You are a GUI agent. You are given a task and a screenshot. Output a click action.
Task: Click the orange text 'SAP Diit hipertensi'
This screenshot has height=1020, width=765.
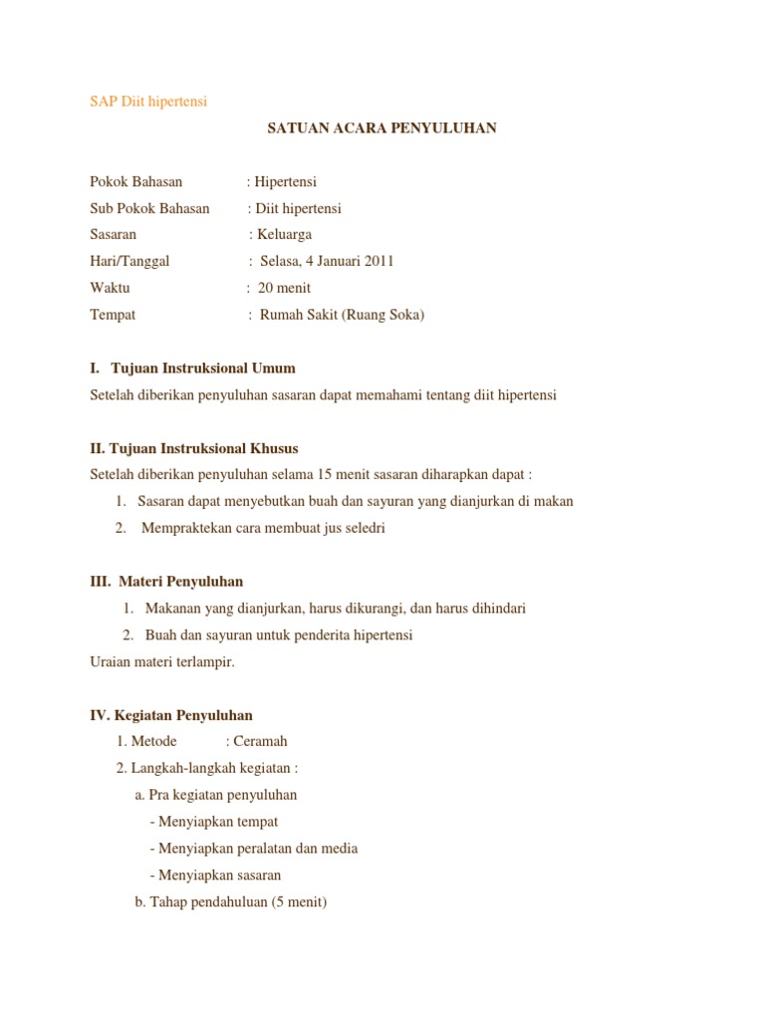(x=148, y=102)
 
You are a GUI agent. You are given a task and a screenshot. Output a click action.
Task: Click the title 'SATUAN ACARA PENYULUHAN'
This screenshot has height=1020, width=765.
(x=382, y=128)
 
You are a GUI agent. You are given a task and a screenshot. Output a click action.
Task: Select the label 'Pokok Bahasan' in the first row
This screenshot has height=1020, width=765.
(x=136, y=182)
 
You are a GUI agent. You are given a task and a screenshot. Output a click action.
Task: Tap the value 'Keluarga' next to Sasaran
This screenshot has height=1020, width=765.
(x=285, y=235)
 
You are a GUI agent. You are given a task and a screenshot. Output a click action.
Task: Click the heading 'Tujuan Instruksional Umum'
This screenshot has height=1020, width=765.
(x=203, y=369)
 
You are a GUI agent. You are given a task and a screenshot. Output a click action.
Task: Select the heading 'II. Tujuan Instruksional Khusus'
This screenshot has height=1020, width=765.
(x=194, y=448)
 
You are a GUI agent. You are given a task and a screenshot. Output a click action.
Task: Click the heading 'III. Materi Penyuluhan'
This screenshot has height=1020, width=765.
(x=166, y=581)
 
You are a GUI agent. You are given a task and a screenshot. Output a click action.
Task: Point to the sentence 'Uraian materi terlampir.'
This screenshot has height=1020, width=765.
(x=162, y=661)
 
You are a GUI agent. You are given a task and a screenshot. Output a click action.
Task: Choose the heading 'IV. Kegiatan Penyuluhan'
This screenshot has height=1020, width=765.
(x=171, y=715)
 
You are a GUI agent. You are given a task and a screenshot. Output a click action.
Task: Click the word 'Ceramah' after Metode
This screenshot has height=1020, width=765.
(x=260, y=741)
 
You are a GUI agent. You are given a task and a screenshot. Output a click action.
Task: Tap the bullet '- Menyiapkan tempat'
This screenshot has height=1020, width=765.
(x=214, y=822)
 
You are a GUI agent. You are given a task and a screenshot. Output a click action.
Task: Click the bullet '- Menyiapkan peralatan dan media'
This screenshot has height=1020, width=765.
(x=254, y=849)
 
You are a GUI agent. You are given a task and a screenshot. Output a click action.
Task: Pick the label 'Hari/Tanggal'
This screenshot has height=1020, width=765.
(x=129, y=261)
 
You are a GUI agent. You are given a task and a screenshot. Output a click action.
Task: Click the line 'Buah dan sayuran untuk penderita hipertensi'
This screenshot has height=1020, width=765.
(x=279, y=635)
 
